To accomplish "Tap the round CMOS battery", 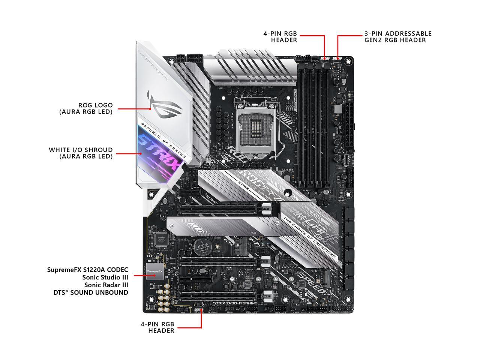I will tap(205, 246).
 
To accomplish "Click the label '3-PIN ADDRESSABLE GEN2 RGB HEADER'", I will tap(398, 37).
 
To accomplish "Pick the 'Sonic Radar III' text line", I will tap(105, 285).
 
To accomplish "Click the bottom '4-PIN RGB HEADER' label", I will tap(157, 327).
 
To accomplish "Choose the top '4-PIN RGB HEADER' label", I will tap(280, 37).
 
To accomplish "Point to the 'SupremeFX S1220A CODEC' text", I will tap(88, 270).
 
